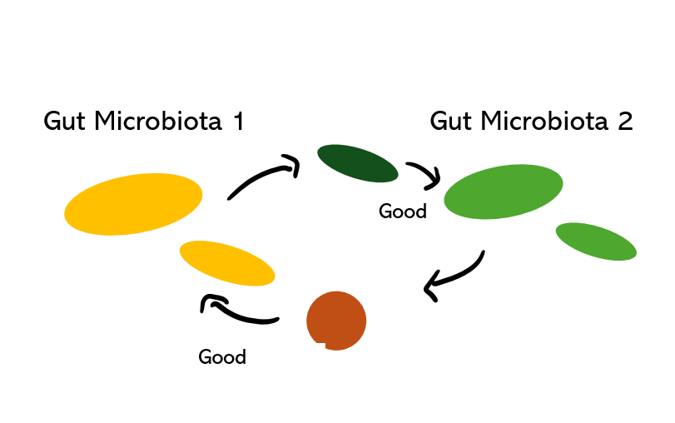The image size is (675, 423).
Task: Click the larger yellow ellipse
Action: (133, 204)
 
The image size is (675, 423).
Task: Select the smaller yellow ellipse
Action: (227, 263)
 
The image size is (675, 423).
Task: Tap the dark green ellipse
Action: (358, 163)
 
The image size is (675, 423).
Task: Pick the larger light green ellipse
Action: (503, 192)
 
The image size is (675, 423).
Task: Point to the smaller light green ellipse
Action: (596, 241)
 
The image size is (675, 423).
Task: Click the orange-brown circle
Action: (336, 321)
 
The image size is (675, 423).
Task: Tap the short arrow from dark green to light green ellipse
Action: (424, 173)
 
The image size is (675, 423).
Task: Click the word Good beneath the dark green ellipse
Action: (403, 211)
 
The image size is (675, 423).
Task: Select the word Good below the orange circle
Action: (222, 357)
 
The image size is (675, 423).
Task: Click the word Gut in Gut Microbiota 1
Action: (66, 122)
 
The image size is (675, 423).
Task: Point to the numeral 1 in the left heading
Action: (237, 122)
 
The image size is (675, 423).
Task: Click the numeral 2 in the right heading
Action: (625, 122)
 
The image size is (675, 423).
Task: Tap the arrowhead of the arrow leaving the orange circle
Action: (208, 304)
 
